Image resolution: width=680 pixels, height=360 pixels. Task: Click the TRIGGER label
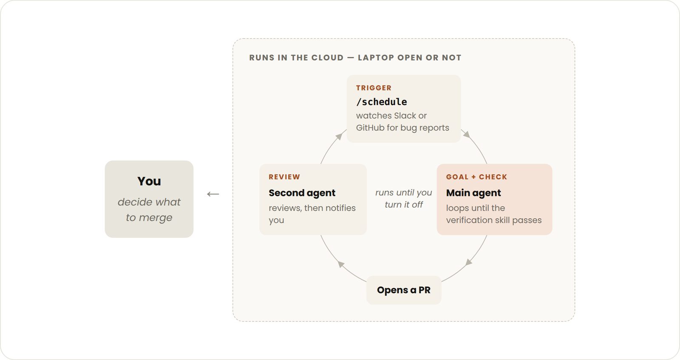[x=374, y=88]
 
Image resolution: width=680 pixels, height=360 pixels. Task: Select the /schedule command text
[x=382, y=102]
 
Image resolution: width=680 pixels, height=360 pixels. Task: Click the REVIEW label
[x=284, y=177]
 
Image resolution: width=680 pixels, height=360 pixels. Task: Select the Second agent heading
[x=302, y=193]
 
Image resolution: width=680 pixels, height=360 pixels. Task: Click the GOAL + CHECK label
[x=476, y=177]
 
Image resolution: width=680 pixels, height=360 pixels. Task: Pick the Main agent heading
[x=473, y=193]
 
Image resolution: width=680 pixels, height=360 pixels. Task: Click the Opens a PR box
[x=404, y=290]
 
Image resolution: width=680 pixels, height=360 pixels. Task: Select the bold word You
[x=149, y=181]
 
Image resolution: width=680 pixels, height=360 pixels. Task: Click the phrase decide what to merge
[x=149, y=210]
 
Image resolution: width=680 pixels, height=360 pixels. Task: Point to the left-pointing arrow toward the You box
[x=213, y=194]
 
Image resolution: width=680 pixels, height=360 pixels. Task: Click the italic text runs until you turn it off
[x=403, y=198]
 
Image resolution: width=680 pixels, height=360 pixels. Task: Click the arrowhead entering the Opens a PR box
[x=469, y=262]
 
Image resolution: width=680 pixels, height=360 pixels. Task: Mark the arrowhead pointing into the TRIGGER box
[x=339, y=136]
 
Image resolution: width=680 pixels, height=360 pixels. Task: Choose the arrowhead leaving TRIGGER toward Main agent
[x=467, y=134]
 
